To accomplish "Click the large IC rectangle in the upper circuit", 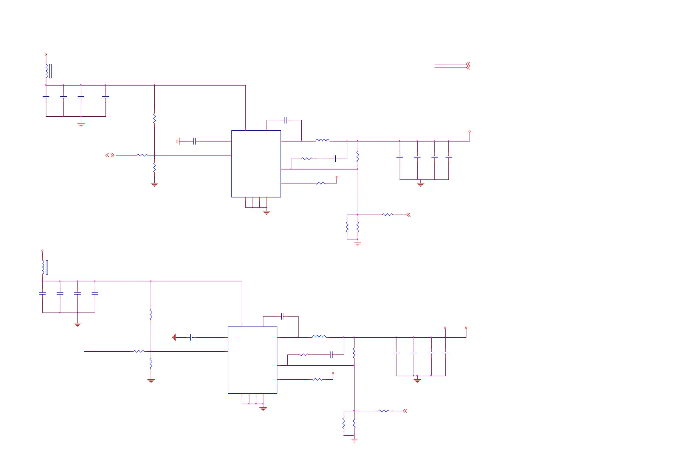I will tap(256, 163).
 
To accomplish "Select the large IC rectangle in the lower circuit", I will tap(252, 360).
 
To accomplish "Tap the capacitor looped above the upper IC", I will tap(286, 120).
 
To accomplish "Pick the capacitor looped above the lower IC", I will tap(282, 316).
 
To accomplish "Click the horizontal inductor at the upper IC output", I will tap(322, 141).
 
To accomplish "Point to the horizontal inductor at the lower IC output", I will tap(319, 337).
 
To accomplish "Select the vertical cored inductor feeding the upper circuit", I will tap(47, 71).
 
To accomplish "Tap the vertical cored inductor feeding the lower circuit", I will tap(44, 267).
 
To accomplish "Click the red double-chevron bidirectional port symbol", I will tap(110, 155).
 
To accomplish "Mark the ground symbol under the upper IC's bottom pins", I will tap(267, 212).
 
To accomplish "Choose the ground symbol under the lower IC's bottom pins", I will tap(263, 408).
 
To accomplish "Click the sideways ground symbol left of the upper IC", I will tap(178, 141).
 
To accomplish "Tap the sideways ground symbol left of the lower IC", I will tap(174, 337).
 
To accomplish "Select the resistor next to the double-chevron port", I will tap(142, 155).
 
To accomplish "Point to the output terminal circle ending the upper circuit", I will tap(470, 131).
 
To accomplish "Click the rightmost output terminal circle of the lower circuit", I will tap(466, 328).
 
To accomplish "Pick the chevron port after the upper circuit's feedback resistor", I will tap(408, 215).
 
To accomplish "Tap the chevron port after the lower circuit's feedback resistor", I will tap(405, 411).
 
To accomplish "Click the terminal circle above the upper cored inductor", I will tap(46, 54).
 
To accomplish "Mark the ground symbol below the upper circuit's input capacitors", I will tap(81, 125).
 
